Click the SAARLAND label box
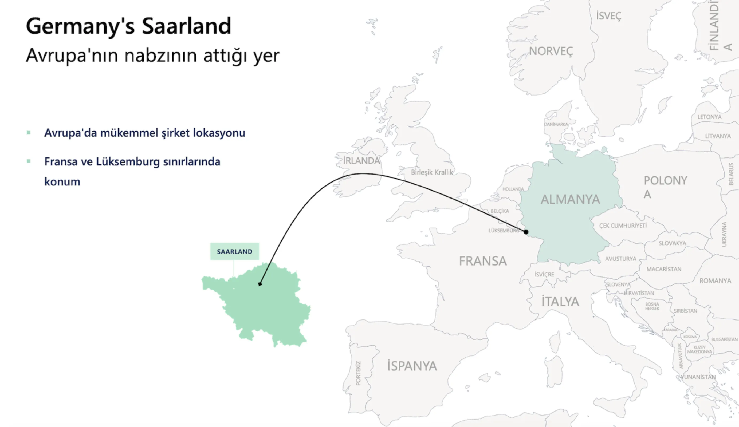[234, 251]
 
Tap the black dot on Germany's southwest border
[526, 232]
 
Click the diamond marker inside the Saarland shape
[260, 284]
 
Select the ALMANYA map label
[570, 200]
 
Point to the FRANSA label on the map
[483, 261]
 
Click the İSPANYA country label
[412, 366]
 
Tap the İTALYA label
[560, 302]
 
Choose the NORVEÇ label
[551, 51]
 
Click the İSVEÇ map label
[609, 16]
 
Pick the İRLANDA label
[361, 161]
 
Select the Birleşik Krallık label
[432, 172]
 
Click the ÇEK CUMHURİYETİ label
[623, 225]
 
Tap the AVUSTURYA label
[620, 259]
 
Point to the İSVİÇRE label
[544, 274]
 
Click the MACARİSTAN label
[664, 269]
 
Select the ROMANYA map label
[715, 281]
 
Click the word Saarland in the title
[187, 26]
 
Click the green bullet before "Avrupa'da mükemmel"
[29, 132]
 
